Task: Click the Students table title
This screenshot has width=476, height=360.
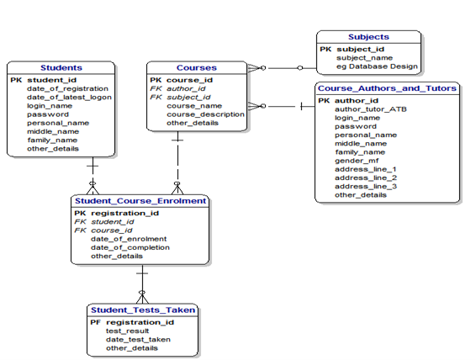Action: [61, 67]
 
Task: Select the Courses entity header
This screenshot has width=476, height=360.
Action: [196, 67]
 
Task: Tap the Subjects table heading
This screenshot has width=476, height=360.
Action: [369, 37]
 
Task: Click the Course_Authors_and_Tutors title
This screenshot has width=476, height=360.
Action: [388, 88]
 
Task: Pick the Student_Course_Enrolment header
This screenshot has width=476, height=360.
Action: [140, 202]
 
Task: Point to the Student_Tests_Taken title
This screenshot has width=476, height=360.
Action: [143, 310]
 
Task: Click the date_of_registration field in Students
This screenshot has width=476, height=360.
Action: [67, 88]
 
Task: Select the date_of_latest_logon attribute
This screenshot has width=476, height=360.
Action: [69, 97]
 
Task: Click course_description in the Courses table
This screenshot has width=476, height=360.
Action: [205, 114]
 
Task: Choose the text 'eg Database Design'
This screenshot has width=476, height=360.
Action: [377, 66]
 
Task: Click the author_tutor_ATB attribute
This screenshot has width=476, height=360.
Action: [371, 109]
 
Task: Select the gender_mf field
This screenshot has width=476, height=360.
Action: [357, 161]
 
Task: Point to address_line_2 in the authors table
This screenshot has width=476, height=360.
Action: [365, 177]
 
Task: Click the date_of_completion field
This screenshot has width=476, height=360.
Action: [130, 247]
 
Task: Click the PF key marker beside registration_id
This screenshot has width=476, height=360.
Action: [95, 322]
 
